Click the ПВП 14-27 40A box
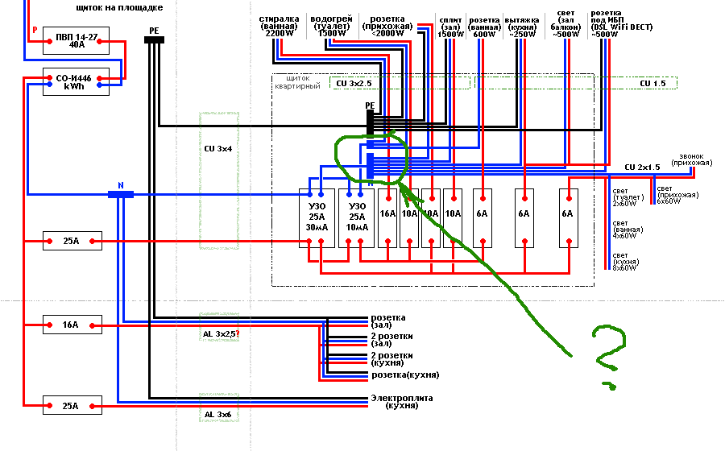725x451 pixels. [77, 41]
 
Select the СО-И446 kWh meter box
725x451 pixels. [77, 82]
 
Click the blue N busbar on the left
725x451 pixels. [121, 194]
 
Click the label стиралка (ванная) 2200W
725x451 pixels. [280, 25]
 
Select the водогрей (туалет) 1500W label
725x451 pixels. [329, 25]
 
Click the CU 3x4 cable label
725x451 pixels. [219, 149]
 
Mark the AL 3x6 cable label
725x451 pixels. [219, 415]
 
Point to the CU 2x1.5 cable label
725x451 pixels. [642, 167]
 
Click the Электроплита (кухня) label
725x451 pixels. [401, 402]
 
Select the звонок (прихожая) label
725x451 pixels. [694, 159]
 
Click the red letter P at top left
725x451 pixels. [35, 30]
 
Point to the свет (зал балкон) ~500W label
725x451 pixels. [568, 24]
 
